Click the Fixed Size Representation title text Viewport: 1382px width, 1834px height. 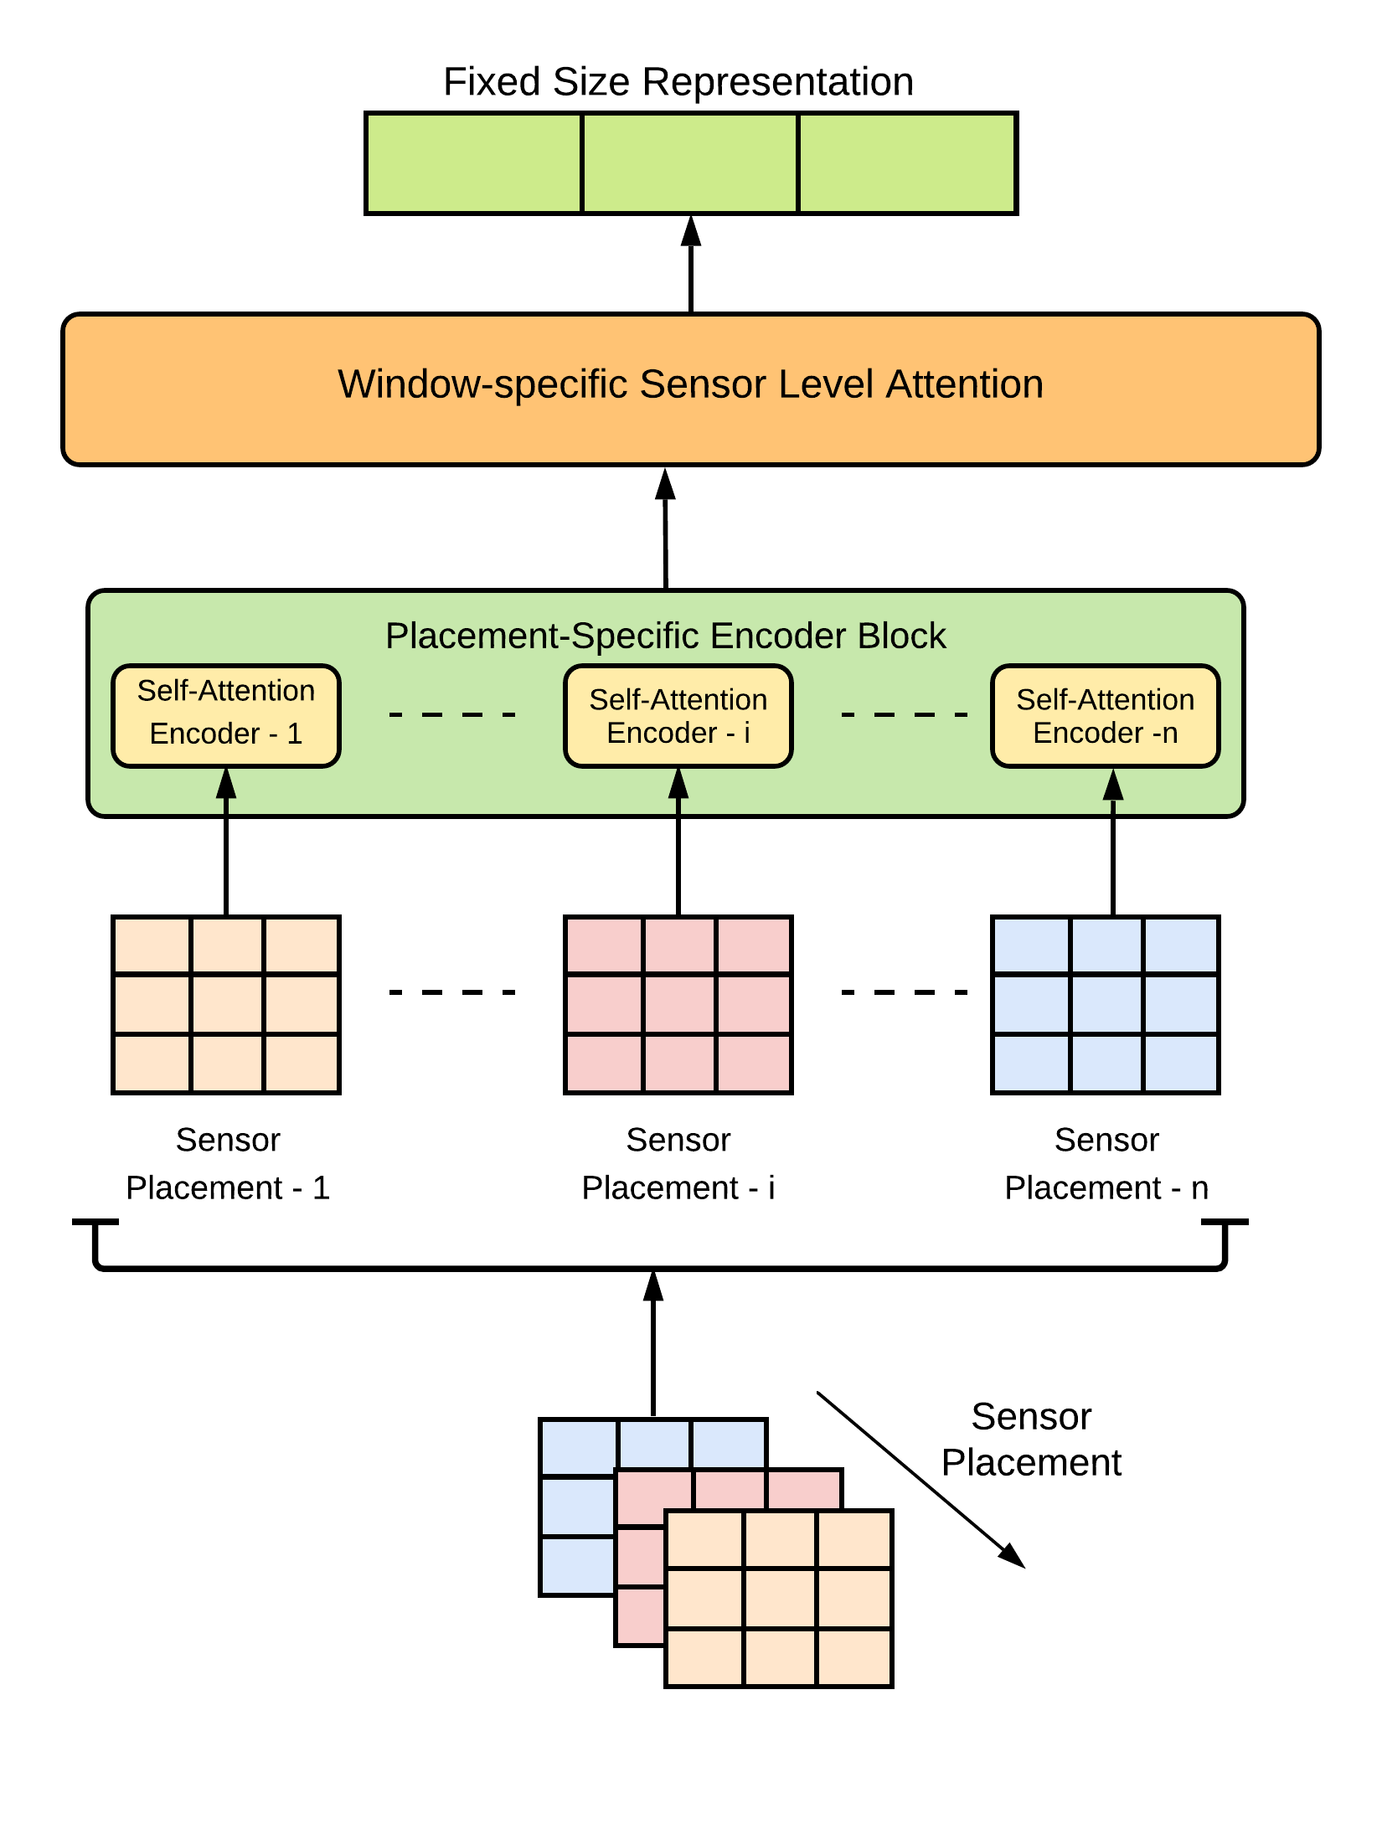[678, 82]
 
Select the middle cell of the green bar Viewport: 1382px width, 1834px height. [689, 163]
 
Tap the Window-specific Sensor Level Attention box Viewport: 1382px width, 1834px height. [690, 389]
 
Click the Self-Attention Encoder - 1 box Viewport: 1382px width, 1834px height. [226, 715]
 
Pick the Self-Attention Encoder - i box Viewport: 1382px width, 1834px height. [678, 716]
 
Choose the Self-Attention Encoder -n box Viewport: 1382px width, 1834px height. [1105, 716]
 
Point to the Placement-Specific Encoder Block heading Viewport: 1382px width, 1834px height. [665, 636]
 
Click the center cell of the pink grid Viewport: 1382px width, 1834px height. [678, 1004]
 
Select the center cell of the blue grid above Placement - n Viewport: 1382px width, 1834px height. [1106, 1004]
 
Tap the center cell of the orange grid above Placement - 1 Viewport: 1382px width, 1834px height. [227, 1004]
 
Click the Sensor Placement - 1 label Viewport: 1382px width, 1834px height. [228, 1164]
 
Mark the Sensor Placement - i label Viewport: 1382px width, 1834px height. [678, 1164]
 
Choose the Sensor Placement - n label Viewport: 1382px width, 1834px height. [1106, 1164]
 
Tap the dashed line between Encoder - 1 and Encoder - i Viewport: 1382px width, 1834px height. [452, 714]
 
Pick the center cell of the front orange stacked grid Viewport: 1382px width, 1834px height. [780, 1598]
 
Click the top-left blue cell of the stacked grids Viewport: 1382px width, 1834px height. [579, 1447]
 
